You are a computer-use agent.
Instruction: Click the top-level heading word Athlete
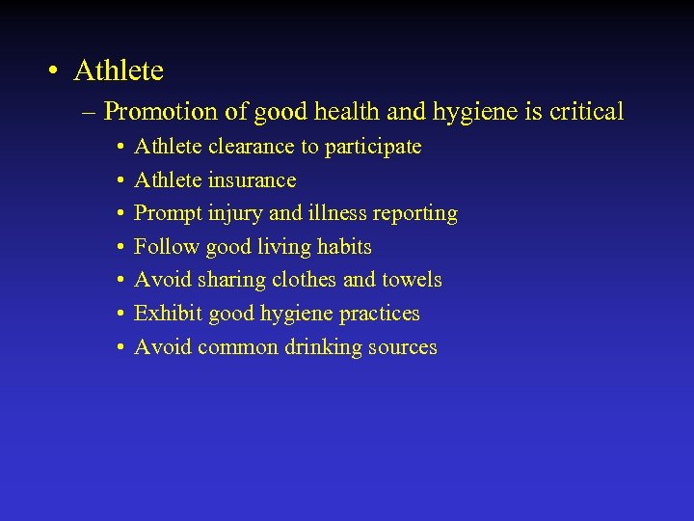tap(119, 70)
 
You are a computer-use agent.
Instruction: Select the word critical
tap(587, 112)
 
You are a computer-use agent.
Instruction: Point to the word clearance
tap(251, 147)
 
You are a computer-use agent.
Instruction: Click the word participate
tap(373, 148)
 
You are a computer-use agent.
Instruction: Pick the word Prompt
tap(168, 213)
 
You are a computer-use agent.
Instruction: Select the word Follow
tap(165, 247)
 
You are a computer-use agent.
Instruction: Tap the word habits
tap(344, 247)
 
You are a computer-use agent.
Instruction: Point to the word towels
tap(413, 280)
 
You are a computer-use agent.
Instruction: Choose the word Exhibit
tap(166, 314)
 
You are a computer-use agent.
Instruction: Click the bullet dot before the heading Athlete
tap(54, 71)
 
